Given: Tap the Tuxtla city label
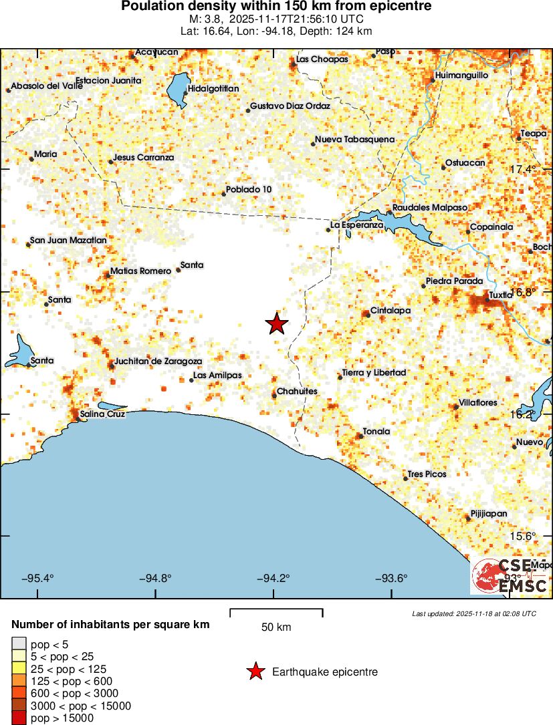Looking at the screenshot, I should click(500, 295).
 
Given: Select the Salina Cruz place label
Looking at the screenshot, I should click(102, 414).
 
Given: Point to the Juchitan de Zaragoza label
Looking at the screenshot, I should click(158, 361).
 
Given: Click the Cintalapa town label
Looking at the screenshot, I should click(391, 311).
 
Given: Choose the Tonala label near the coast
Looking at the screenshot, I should click(376, 432).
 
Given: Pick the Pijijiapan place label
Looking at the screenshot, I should click(489, 514).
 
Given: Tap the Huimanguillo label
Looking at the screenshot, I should click(461, 76).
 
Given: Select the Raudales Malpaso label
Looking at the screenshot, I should click(429, 208).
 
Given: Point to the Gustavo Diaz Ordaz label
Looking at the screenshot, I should click(290, 106).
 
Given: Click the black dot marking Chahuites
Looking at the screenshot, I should click(274, 396).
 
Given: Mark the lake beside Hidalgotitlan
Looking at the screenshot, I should click(177, 90).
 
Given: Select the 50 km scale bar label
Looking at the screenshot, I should click(276, 627).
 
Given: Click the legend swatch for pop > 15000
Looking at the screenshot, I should click(18, 718).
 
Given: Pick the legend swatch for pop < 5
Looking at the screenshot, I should click(18, 645).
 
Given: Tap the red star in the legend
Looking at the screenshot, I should click(255, 672).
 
